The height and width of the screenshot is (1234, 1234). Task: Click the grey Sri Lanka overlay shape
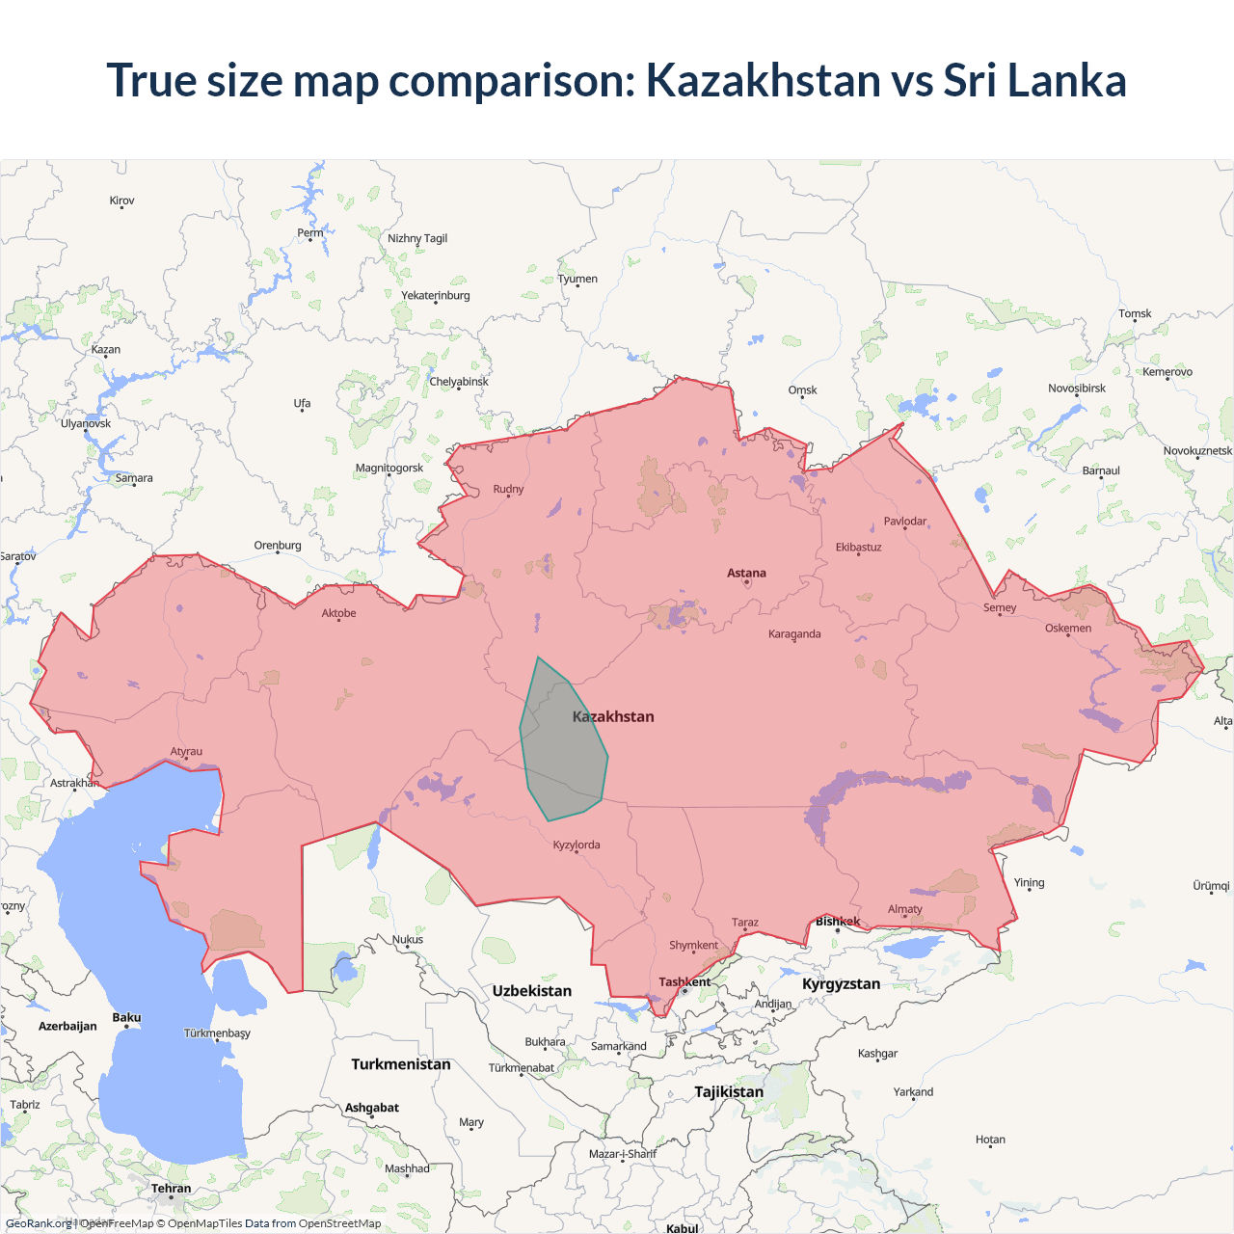tap(564, 747)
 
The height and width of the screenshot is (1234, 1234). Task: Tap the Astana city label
tap(746, 573)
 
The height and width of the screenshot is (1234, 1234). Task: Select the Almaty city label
tap(904, 909)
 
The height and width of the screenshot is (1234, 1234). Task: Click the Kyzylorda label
tap(577, 845)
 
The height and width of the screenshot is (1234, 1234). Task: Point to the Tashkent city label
tap(684, 982)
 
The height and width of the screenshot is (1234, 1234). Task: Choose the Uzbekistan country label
tap(531, 991)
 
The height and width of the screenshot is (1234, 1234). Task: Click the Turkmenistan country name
tap(401, 1064)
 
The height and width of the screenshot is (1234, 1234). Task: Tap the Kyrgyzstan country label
tap(841, 984)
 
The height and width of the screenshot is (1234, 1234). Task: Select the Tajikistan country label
tap(729, 1092)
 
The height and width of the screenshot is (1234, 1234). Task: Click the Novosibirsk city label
tap(1077, 389)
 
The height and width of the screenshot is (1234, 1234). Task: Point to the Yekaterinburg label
tap(436, 296)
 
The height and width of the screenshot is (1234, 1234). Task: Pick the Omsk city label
tap(802, 390)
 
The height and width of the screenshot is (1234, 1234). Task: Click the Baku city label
tap(126, 1018)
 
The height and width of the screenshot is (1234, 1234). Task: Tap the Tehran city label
tap(172, 1189)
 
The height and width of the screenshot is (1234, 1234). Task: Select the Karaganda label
tap(794, 634)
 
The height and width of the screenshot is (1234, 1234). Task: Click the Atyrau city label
tap(186, 752)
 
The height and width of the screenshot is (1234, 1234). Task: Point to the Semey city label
tap(1000, 608)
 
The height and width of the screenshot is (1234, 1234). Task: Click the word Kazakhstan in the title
tap(763, 80)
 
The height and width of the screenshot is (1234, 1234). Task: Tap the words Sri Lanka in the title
tap(1034, 80)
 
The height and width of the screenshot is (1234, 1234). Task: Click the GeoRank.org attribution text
tap(39, 1223)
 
